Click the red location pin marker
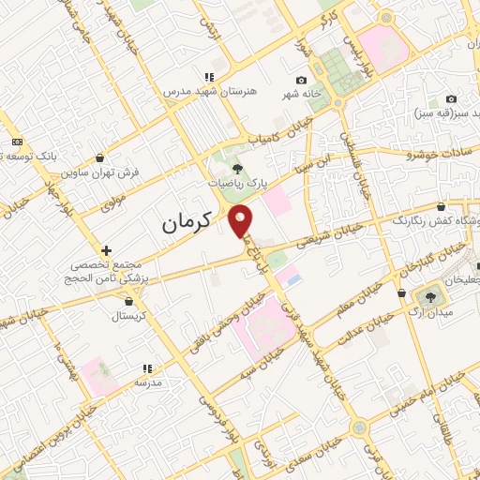click(x=242, y=220)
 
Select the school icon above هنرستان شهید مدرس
click(x=210, y=77)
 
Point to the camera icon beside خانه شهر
click(x=300, y=81)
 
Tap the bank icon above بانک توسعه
click(x=17, y=142)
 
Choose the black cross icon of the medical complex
click(x=107, y=251)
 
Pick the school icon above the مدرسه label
click(x=146, y=369)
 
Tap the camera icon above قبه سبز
click(x=451, y=99)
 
